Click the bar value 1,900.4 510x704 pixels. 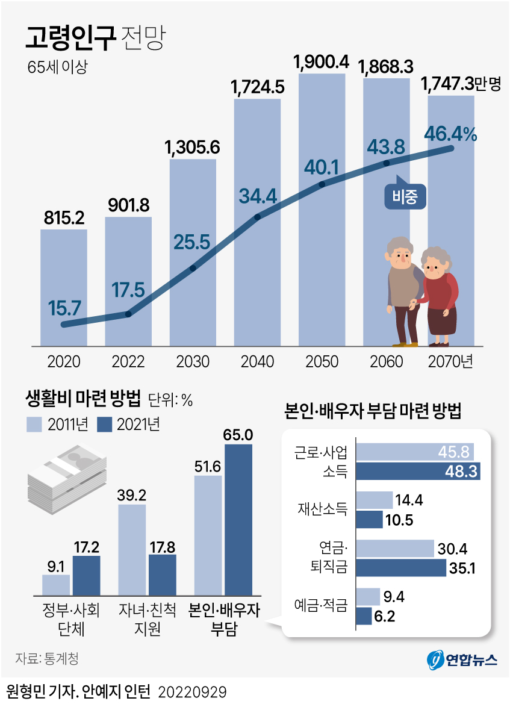pos(322,62)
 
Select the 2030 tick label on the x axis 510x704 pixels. pos(193,362)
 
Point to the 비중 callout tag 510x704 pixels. pos(405,196)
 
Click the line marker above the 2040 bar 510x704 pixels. pos(258,217)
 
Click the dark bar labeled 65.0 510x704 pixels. pos(238,519)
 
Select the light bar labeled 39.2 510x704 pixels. pos(132,549)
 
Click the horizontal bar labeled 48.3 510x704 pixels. pos(418,470)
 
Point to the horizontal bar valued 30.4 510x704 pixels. pos(395,548)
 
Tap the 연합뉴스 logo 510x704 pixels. pos(462,660)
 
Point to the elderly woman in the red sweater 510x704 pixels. pos(440,295)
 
